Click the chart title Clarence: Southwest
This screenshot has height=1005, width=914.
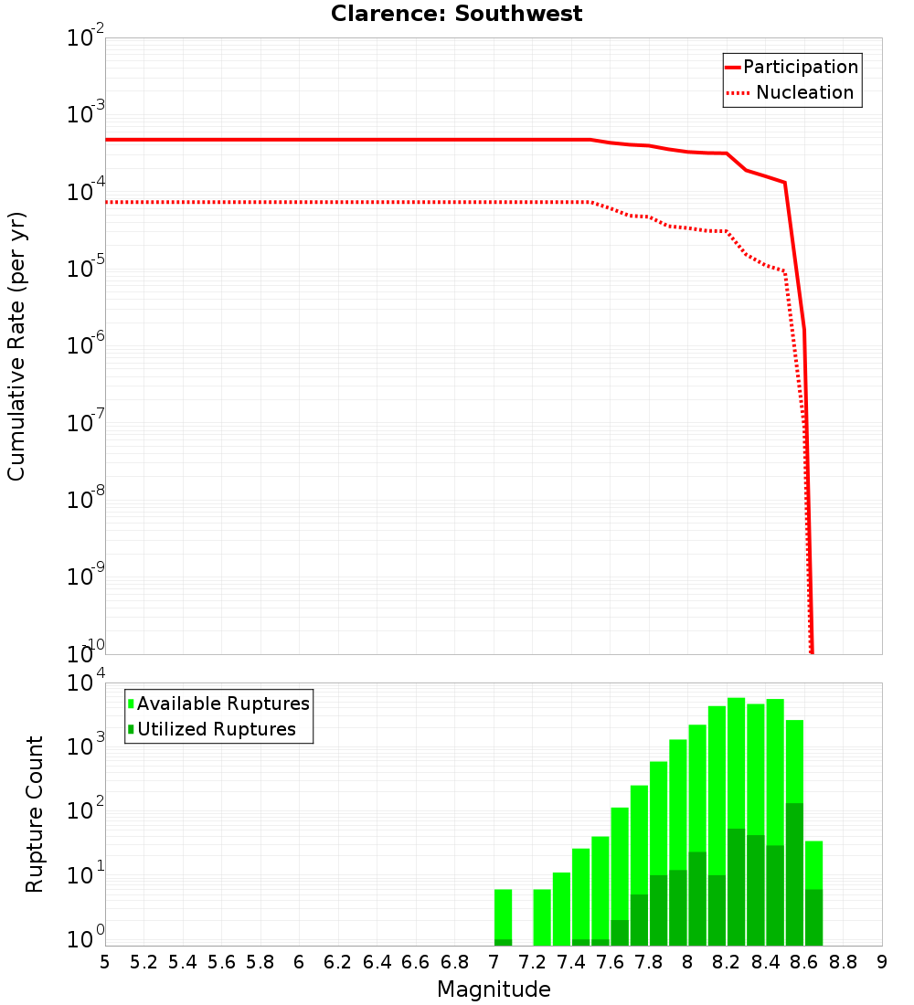point(456,14)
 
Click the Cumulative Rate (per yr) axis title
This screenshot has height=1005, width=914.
point(16,346)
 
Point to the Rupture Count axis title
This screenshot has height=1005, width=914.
point(35,814)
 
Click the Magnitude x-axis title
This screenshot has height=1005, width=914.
point(494,989)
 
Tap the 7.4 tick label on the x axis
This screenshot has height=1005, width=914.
point(571,962)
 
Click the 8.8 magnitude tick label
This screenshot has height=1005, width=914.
point(843,962)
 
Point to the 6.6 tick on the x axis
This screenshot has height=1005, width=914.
point(416,962)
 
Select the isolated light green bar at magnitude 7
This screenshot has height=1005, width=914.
point(503,914)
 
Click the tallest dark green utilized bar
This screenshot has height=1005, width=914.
point(794,873)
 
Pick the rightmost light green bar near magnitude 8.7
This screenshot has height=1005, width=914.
point(813,863)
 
